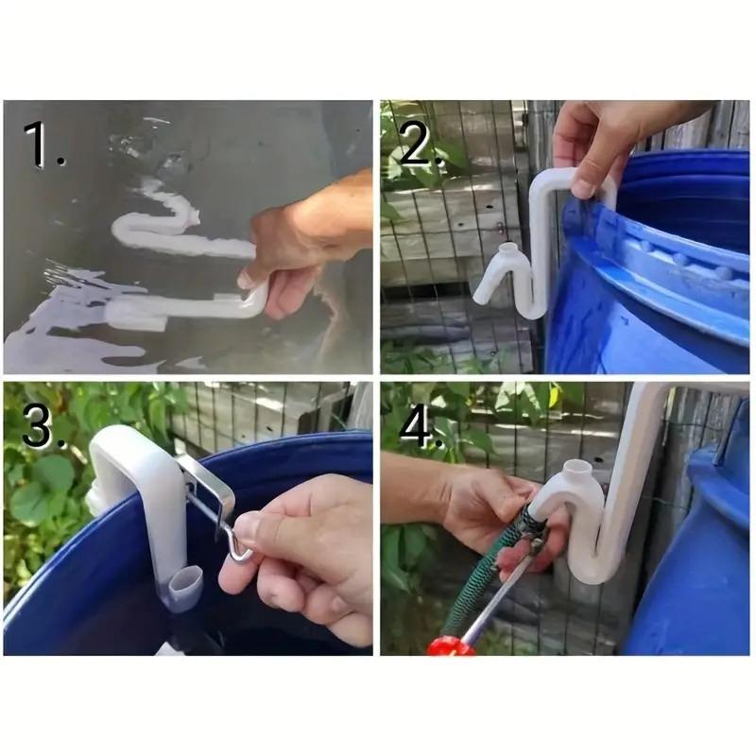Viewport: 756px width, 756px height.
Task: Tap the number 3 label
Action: coord(41,426)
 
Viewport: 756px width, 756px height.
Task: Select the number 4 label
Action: coord(417,426)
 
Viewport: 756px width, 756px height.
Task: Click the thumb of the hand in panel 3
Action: coord(283,548)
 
